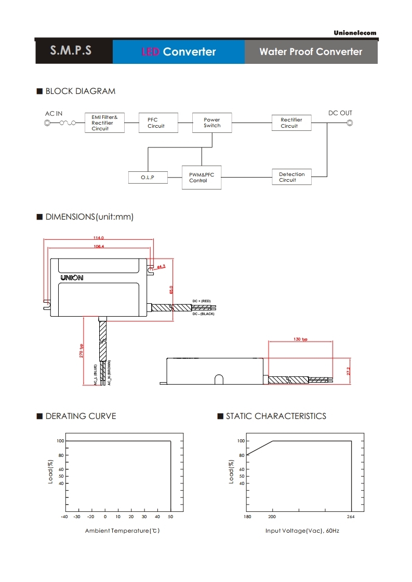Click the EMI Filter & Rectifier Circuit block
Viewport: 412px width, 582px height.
click(104, 123)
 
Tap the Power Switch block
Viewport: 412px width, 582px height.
click(212, 123)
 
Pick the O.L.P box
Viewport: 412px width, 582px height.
click(148, 178)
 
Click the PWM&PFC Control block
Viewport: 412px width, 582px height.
click(202, 178)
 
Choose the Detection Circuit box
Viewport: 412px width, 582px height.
click(291, 177)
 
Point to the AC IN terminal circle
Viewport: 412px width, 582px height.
click(47, 123)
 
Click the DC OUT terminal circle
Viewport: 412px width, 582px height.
click(350, 123)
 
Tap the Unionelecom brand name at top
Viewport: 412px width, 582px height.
click(355, 33)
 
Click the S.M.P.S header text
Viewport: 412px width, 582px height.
click(71, 51)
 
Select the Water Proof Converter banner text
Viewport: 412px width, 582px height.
click(311, 51)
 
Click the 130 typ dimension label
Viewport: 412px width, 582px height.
click(300, 339)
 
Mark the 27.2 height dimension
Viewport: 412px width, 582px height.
click(349, 371)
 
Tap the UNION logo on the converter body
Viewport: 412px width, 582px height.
click(72, 278)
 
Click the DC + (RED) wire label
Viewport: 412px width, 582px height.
click(202, 301)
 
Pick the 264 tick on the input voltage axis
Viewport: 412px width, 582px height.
click(351, 517)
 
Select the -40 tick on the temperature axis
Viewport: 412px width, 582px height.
click(64, 517)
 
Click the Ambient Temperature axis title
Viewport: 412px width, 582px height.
click(122, 531)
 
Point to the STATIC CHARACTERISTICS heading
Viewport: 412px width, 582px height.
click(276, 416)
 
